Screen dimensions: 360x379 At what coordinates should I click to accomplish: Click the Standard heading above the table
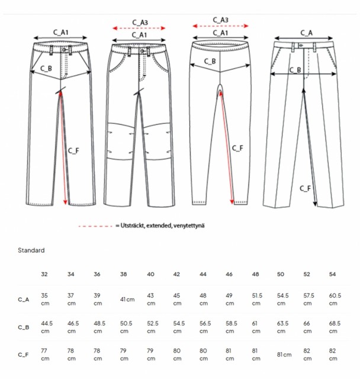(x=31, y=250)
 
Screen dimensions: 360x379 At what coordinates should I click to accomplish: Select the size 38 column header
(x=124, y=274)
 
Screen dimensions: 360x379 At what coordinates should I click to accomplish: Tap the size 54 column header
(x=332, y=274)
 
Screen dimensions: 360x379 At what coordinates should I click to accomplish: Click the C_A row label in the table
(x=24, y=300)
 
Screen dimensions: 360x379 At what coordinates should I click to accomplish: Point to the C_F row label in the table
(x=23, y=355)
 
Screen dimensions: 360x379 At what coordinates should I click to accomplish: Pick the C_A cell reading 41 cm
(x=127, y=300)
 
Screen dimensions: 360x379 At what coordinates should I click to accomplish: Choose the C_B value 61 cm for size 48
(x=256, y=327)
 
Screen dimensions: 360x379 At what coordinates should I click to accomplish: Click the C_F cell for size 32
(x=45, y=355)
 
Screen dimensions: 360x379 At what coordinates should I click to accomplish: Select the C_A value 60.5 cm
(x=335, y=299)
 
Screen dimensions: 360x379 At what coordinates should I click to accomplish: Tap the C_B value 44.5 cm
(x=47, y=327)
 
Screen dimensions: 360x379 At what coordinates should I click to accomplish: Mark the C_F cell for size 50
(x=284, y=355)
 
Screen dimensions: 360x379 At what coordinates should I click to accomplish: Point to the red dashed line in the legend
(x=95, y=226)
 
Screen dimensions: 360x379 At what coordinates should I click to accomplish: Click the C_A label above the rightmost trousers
(x=306, y=33)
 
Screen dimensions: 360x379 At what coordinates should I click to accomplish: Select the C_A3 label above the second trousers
(x=140, y=23)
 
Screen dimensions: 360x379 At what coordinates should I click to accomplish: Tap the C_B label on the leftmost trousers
(x=46, y=69)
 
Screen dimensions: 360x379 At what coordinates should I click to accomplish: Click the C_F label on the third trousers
(x=237, y=148)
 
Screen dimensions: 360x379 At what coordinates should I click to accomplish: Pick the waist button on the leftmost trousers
(x=64, y=50)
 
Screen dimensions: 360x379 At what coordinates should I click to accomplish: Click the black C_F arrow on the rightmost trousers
(x=310, y=147)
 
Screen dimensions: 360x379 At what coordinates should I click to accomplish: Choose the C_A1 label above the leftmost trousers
(x=60, y=32)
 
